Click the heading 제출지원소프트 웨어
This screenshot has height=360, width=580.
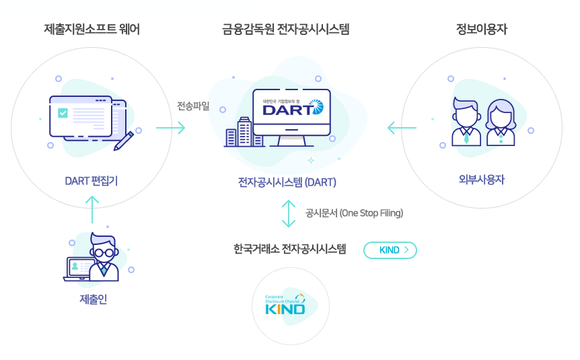[92, 29]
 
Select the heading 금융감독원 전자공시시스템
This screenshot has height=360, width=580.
[286, 29]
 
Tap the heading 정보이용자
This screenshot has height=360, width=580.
[480, 29]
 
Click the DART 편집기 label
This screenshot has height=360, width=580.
[92, 180]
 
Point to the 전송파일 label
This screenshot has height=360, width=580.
[193, 106]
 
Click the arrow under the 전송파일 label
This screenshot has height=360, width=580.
[170, 128]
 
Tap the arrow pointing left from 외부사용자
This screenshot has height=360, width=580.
[401, 128]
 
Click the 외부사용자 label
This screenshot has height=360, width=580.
[481, 180]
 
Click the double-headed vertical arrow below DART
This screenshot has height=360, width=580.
[288, 213]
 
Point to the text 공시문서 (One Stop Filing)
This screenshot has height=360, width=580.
[354, 213]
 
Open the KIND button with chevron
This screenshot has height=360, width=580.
[390, 250]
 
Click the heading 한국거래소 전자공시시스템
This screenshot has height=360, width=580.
[289, 249]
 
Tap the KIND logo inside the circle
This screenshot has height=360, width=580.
[285, 305]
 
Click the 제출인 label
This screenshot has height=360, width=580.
[93, 299]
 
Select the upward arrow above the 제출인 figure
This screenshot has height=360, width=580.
[93, 209]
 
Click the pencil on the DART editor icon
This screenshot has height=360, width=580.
[124, 140]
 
